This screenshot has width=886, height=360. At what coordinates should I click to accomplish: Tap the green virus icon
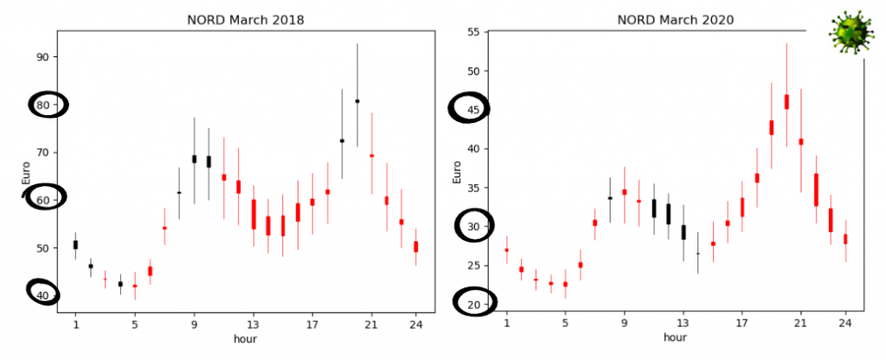coord(847,33)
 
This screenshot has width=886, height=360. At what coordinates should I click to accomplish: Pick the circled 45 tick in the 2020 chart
coord(474,109)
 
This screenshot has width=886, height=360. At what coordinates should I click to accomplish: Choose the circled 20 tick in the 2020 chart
coord(474,304)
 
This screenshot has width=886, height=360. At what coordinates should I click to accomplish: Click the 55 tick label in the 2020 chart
coord(474,32)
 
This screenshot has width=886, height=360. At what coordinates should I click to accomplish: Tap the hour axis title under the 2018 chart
coord(245,339)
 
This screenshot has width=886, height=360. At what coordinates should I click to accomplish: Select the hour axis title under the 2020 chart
coord(677,339)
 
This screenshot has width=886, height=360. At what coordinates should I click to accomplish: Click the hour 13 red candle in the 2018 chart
coord(254,214)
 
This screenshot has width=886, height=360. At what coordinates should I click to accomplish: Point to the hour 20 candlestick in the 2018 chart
coord(357,101)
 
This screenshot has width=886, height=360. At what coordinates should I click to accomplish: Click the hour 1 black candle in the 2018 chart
coord(75,245)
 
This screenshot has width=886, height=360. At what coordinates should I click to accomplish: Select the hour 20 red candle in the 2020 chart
coord(786,102)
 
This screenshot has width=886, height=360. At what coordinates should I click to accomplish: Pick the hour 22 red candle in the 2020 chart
coord(816,190)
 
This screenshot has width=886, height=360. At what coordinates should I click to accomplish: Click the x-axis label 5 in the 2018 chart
coord(134,325)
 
